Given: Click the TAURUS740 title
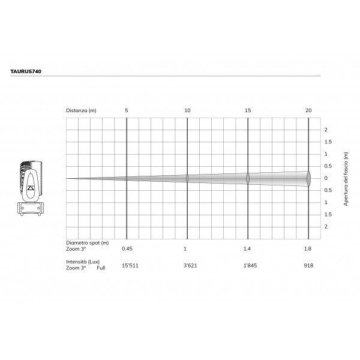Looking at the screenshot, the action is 26,71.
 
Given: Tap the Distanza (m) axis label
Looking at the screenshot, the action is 81,110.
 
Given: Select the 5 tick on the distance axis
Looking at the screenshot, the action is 127,110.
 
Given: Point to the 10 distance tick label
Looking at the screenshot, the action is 187,110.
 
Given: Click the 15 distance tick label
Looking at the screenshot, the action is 248,110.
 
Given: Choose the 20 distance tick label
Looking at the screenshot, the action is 308,110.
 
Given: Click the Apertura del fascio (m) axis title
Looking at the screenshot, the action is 346,179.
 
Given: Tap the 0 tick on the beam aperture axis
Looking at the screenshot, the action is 326,178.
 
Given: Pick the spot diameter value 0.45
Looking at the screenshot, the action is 127,248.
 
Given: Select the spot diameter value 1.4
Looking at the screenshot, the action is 247,248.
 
